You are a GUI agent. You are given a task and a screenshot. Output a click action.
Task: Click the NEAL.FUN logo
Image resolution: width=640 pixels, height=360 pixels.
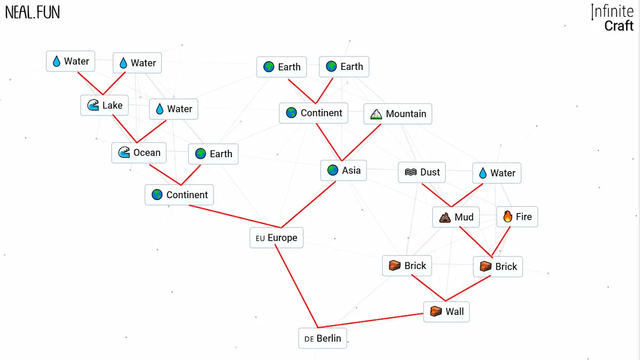33,12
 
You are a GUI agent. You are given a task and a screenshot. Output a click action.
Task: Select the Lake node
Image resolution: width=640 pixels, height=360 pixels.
105,105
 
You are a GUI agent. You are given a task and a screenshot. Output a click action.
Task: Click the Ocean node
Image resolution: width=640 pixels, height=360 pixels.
139,153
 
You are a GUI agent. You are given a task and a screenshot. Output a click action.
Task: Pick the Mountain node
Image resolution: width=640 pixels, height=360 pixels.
398,114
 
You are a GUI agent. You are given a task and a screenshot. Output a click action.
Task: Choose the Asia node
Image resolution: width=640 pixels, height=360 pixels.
343,170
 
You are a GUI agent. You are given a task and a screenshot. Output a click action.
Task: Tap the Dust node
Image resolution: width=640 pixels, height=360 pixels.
422,172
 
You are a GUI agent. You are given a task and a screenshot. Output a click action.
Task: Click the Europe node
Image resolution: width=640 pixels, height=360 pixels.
276,238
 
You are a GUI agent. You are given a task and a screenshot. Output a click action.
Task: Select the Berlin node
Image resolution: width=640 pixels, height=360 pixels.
323,339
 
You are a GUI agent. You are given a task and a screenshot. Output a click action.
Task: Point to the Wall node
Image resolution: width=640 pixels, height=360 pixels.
446,311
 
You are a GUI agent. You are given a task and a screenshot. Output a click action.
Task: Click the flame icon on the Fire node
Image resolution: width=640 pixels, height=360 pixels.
507,217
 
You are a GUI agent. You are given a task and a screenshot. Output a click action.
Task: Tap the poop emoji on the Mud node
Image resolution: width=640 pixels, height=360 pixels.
445,217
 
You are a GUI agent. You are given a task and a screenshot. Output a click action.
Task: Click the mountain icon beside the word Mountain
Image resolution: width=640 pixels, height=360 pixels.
376,114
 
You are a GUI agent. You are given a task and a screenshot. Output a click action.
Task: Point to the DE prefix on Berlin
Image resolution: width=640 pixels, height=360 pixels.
309,339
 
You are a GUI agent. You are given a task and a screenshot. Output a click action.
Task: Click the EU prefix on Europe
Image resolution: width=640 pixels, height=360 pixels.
260,238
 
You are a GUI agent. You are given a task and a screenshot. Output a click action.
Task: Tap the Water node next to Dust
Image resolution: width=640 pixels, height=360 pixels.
497,173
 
